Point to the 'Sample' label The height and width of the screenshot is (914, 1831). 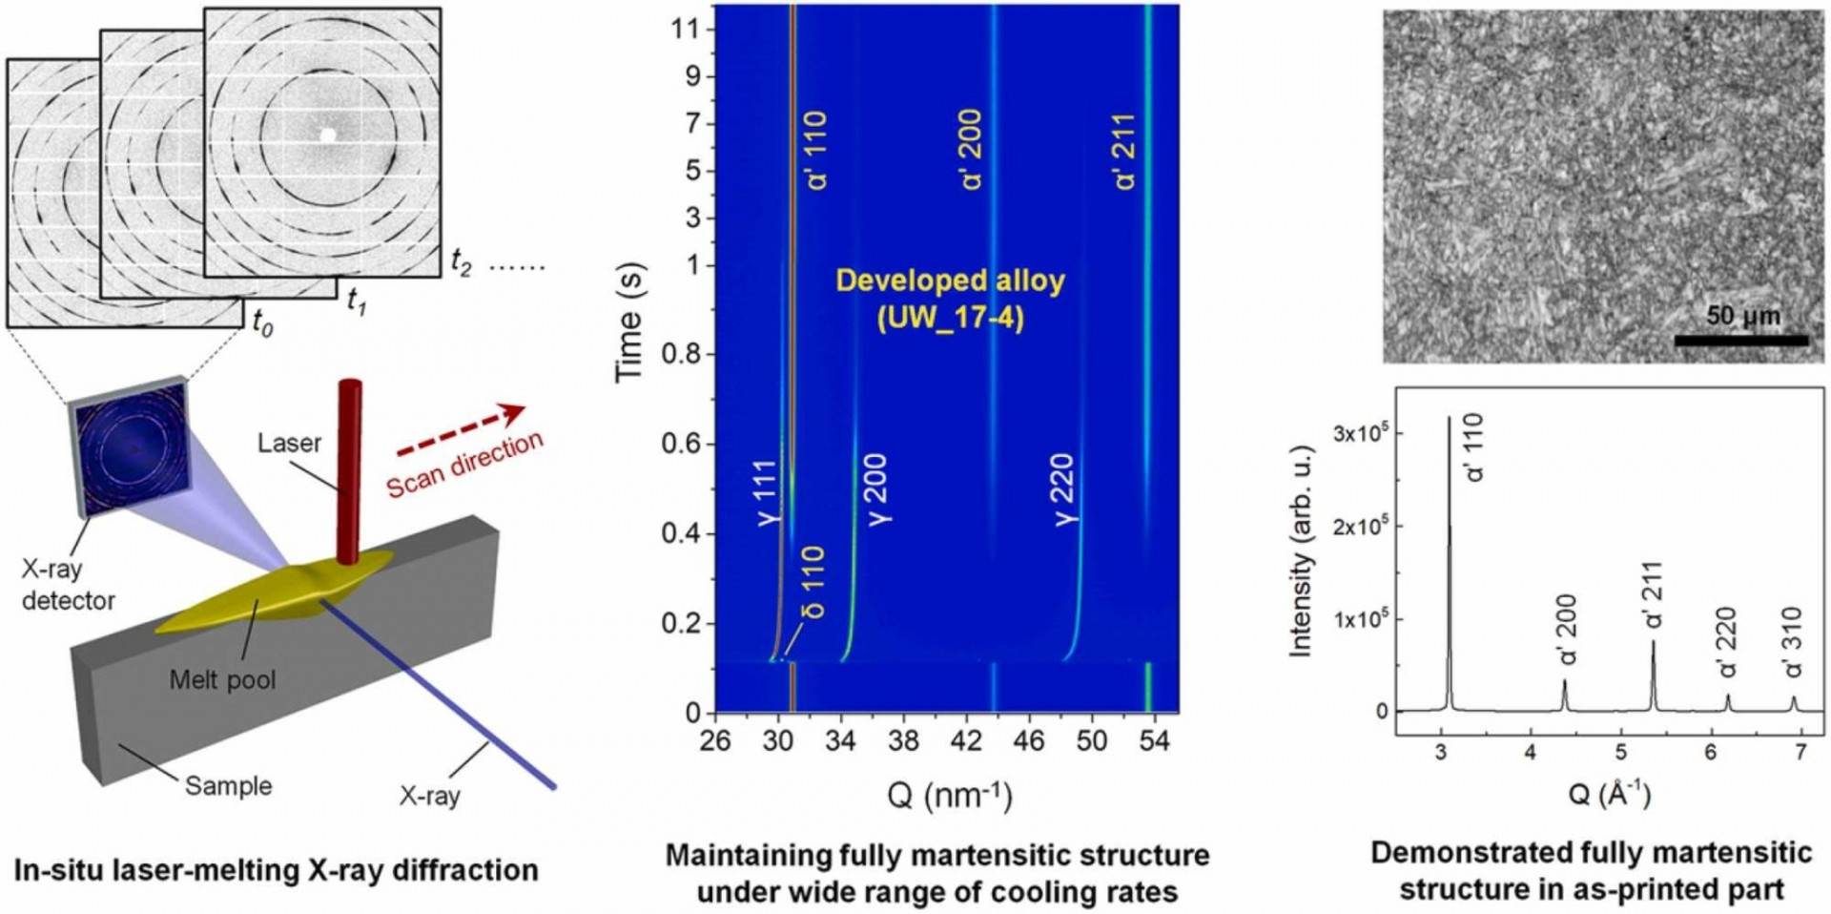(228, 786)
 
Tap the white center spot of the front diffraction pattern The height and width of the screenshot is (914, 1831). (328, 135)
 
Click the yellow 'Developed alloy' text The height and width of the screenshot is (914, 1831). (950, 280)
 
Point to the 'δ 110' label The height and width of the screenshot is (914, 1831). (813, 582)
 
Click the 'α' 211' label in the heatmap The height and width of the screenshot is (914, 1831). (1125, 152)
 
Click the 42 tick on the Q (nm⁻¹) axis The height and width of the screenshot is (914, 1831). (966, 740)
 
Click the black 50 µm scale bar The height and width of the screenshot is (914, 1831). (1741, 340)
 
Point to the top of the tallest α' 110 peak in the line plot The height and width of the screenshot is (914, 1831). (1449, 418)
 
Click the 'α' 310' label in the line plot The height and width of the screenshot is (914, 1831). (1794, 641)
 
